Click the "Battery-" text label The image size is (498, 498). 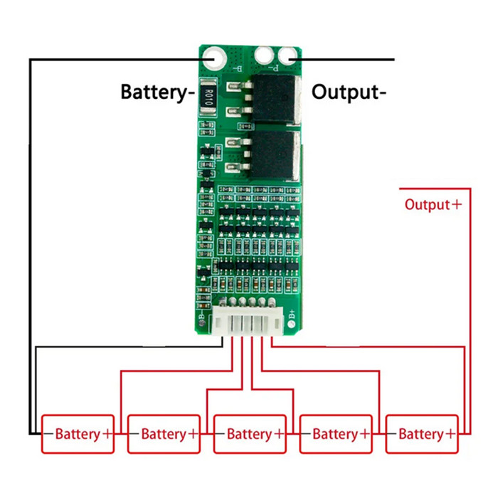[157, 92]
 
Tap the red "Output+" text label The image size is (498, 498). [433, 205]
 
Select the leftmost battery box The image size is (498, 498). [78, 434]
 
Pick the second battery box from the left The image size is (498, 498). [164, 434]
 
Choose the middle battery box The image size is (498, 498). [250, 434]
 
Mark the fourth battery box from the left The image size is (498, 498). [335, 434]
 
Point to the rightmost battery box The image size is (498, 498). [421, 434]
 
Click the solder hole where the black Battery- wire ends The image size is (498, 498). [213, 57]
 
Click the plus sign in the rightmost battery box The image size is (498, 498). [450, 434]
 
